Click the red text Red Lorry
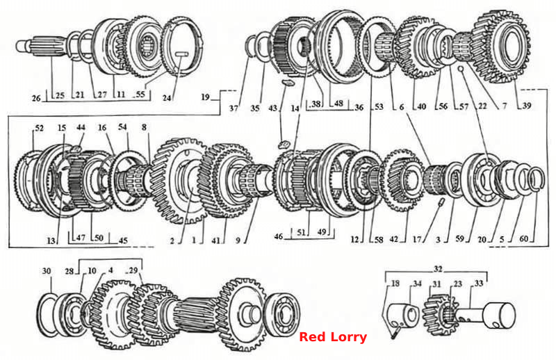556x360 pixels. pyautogui.click(x=333, y=337)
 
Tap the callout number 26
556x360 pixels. pyautogui.click(x=37, y=98)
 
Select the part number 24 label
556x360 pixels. pyautogui.click(x=167, y=97)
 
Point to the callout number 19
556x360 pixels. pyautogui.click(x=206, y=97)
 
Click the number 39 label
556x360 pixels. pyautogui.click(x=527, y=106)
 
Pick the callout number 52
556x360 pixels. pyautogui.click(x=39, y=128)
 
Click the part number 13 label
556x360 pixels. pyautogui.click(x=51, y=241)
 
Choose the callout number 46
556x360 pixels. pyautogui.click(x=279, y=236)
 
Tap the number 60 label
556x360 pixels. pyautogui.click(x=524, y=238)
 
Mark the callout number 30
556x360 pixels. pyautogui.click(x=47, y=271)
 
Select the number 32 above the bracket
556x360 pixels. pyautogui.click(x=439, y=269)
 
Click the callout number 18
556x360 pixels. pyautogui.click(x=395, y=283)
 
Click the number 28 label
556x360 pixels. pyautogui.click(x=69, y=271)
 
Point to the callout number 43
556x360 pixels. pyautogui.click(x=272, y=108)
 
